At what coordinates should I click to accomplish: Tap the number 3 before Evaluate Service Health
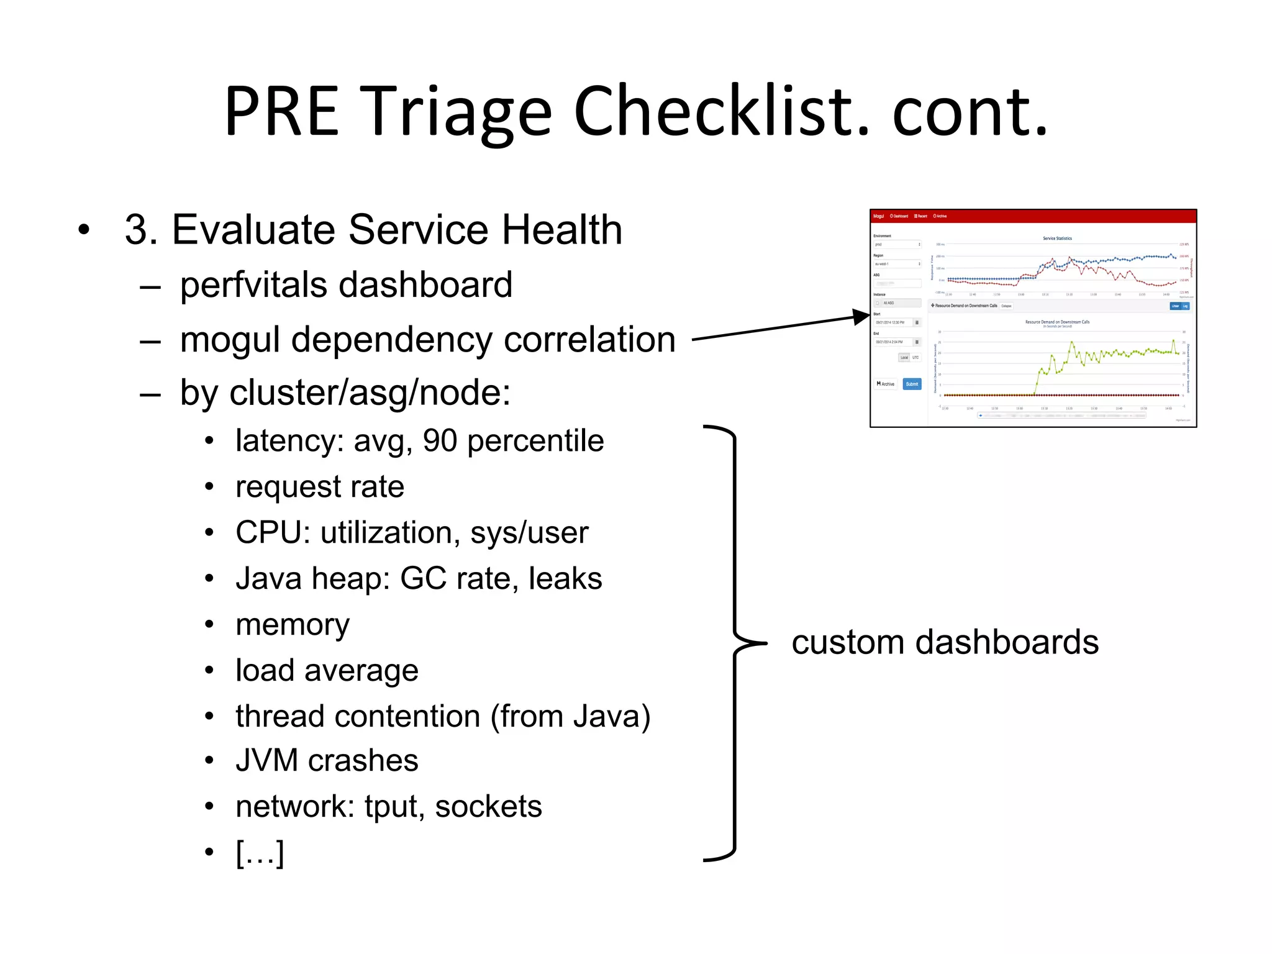click(x=136, y=230)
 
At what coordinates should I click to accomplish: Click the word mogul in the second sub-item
click(x=230, y=340)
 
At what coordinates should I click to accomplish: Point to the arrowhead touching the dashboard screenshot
click(x=862, y=317)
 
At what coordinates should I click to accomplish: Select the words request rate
click(x=320, y=487)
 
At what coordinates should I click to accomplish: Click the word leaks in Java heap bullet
click(x=565, y=579)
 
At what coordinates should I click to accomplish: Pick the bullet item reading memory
click(x=293, y=625)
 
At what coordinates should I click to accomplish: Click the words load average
click(x=327, y=671)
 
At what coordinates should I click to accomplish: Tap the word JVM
click(x=266, y=761)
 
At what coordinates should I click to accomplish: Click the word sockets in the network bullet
click(x=488, y=807)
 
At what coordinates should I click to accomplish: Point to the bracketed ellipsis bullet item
click(x=260, y=853)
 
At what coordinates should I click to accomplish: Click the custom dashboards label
click(x=945, y=642)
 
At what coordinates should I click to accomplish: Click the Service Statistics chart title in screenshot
click(x=1057, y=238)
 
